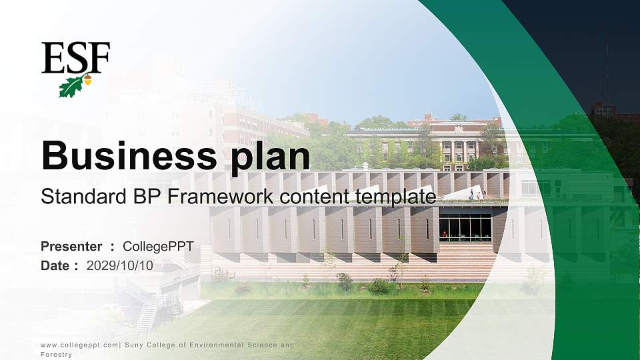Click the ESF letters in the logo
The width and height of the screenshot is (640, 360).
pos(75,58)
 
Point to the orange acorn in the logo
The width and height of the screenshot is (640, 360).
pos(87,81)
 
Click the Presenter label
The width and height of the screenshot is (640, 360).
pos(71,247)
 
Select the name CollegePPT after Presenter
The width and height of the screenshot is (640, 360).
pos(158,247)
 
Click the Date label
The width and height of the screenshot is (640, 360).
pos(55,265)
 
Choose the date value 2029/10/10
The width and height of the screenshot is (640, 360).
pos(120,265)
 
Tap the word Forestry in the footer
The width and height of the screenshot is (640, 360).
pos(56,355)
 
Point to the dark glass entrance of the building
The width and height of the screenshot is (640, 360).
pos(465,227)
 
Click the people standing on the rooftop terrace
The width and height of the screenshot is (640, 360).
pos(475,195)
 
